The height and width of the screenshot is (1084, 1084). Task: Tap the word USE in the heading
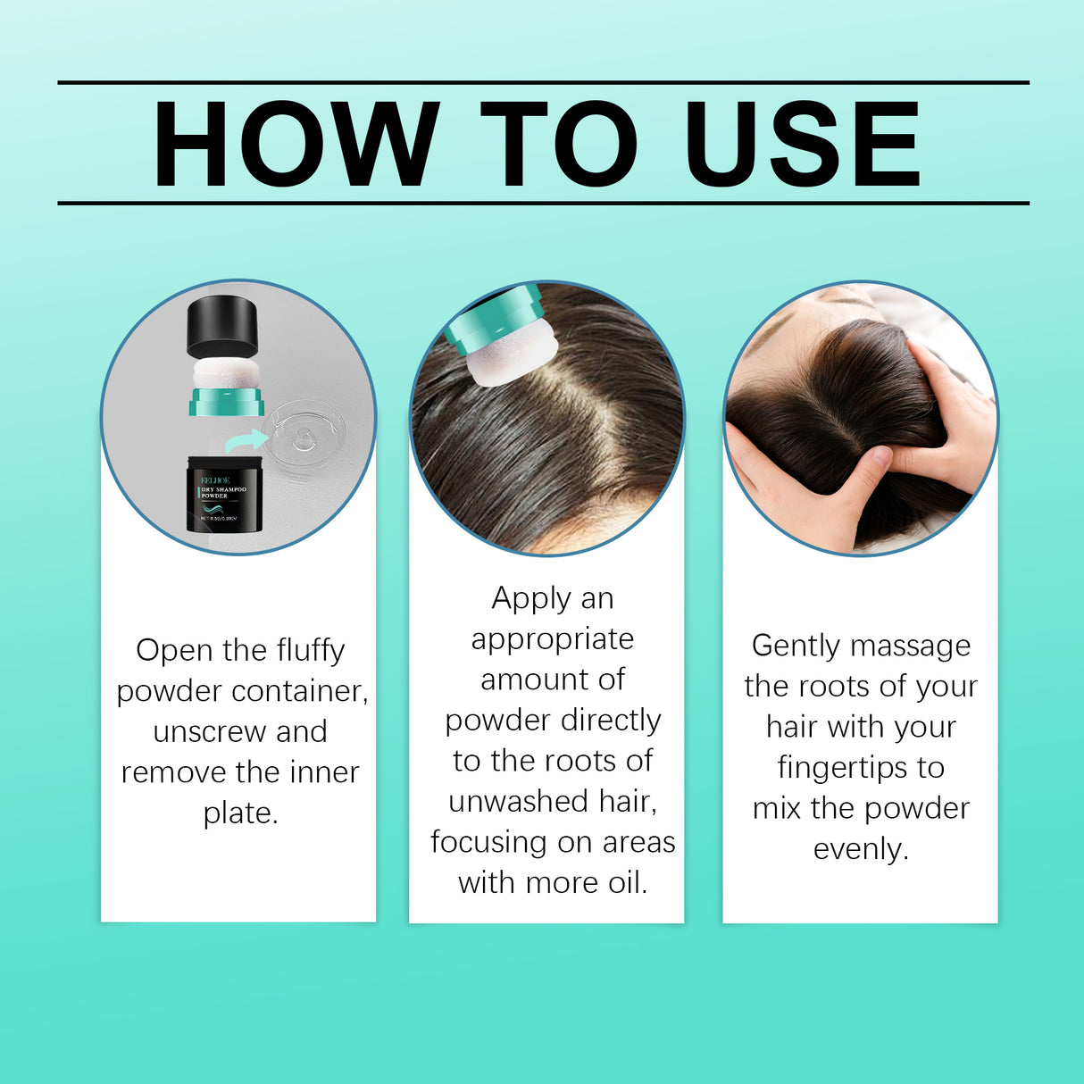[802, 144]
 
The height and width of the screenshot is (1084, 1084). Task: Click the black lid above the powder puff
[222, 328]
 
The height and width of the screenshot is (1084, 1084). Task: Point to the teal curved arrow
[246, 440]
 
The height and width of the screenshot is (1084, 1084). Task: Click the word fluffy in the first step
[310, 651]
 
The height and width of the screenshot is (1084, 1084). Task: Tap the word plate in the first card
[239, 813]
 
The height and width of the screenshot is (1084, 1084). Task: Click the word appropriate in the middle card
[552, 639]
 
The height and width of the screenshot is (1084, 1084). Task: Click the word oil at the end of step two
[626, 883]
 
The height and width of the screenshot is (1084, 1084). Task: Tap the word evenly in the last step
[860, 849]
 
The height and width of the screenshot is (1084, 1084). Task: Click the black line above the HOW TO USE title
[543, 82]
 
